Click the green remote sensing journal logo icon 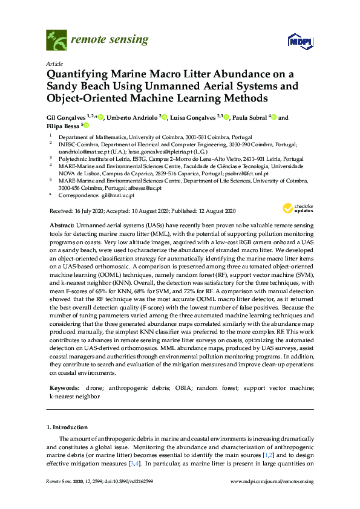[56, 41]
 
